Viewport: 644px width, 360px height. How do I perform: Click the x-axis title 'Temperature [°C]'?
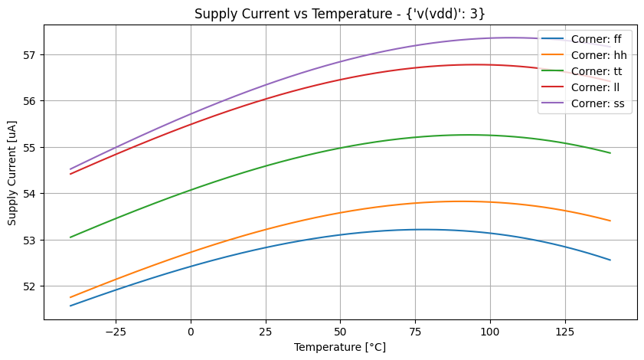340,347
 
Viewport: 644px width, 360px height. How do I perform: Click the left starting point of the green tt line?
70,237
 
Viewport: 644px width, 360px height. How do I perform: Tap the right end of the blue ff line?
610,260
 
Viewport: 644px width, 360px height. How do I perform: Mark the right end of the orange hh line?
610,221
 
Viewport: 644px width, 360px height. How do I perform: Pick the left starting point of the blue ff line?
70,306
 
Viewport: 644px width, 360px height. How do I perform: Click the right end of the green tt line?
610,153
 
